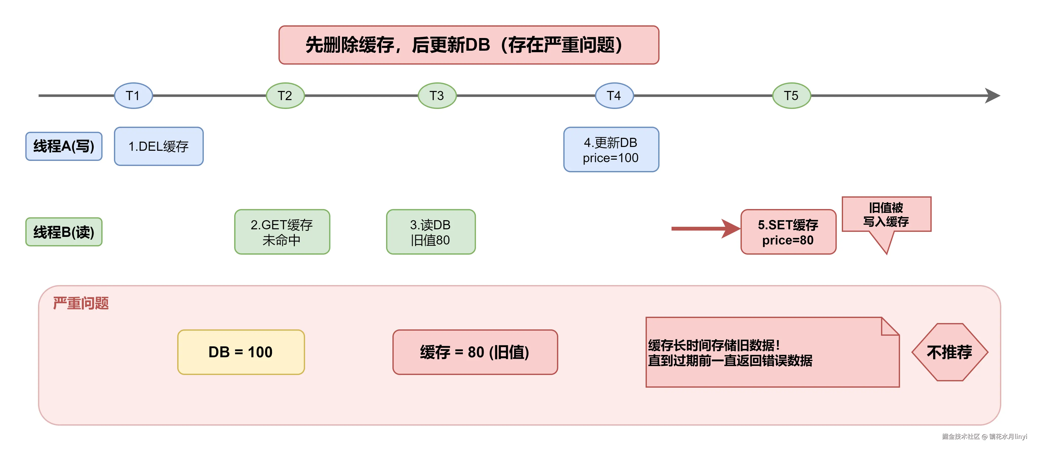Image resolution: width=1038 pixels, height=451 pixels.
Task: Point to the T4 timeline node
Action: point(614,96)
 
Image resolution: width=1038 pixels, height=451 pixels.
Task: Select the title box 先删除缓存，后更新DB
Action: point(469,45)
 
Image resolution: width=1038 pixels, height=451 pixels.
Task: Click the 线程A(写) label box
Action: point(64,146)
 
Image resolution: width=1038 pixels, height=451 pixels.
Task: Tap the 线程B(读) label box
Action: point(64,232)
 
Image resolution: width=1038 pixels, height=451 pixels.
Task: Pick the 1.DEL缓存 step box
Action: point(159,146)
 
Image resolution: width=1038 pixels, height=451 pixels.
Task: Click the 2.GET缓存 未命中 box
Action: point(282,232)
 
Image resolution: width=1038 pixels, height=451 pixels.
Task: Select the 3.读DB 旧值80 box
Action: point(431,232)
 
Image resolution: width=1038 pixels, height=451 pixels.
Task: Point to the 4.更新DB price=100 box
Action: point(611,150)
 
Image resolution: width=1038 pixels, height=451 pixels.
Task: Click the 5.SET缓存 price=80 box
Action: point(788,232)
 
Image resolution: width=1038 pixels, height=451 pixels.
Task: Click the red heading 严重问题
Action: point(81,303)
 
